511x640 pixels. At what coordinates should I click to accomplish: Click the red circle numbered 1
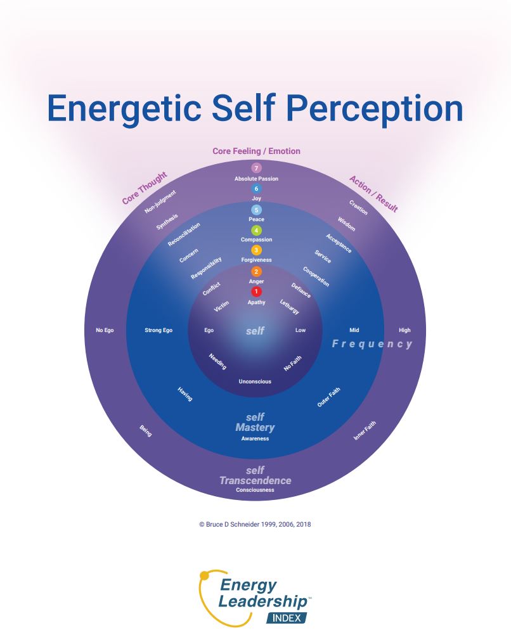point(256,291)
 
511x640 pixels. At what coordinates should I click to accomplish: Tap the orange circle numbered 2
point(256,271)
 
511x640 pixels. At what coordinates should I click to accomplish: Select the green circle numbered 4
point(256,230)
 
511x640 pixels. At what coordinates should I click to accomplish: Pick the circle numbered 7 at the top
point(256,168)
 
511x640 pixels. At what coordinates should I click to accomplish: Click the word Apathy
point(256,302)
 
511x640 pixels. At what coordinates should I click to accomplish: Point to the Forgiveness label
point(256,260)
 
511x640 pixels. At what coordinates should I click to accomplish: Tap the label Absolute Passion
point(256,179)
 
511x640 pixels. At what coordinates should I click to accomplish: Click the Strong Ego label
point(158,330)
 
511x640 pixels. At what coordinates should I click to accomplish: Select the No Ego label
point(105,330)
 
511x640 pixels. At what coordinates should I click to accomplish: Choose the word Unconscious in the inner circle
point(255,381)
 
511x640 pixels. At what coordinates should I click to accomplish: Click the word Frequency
point(372,344)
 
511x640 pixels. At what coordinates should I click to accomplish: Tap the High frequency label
point(404,330)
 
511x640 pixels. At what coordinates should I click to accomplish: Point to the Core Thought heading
point(145,188)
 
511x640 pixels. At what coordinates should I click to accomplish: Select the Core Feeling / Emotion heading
point(256,151)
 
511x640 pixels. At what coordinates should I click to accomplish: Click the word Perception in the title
point(374,109)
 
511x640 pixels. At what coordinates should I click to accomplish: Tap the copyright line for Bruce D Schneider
point(255,525)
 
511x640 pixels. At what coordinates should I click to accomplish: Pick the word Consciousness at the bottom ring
point(255,490)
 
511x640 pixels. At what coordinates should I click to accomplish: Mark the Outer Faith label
point(328,397)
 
